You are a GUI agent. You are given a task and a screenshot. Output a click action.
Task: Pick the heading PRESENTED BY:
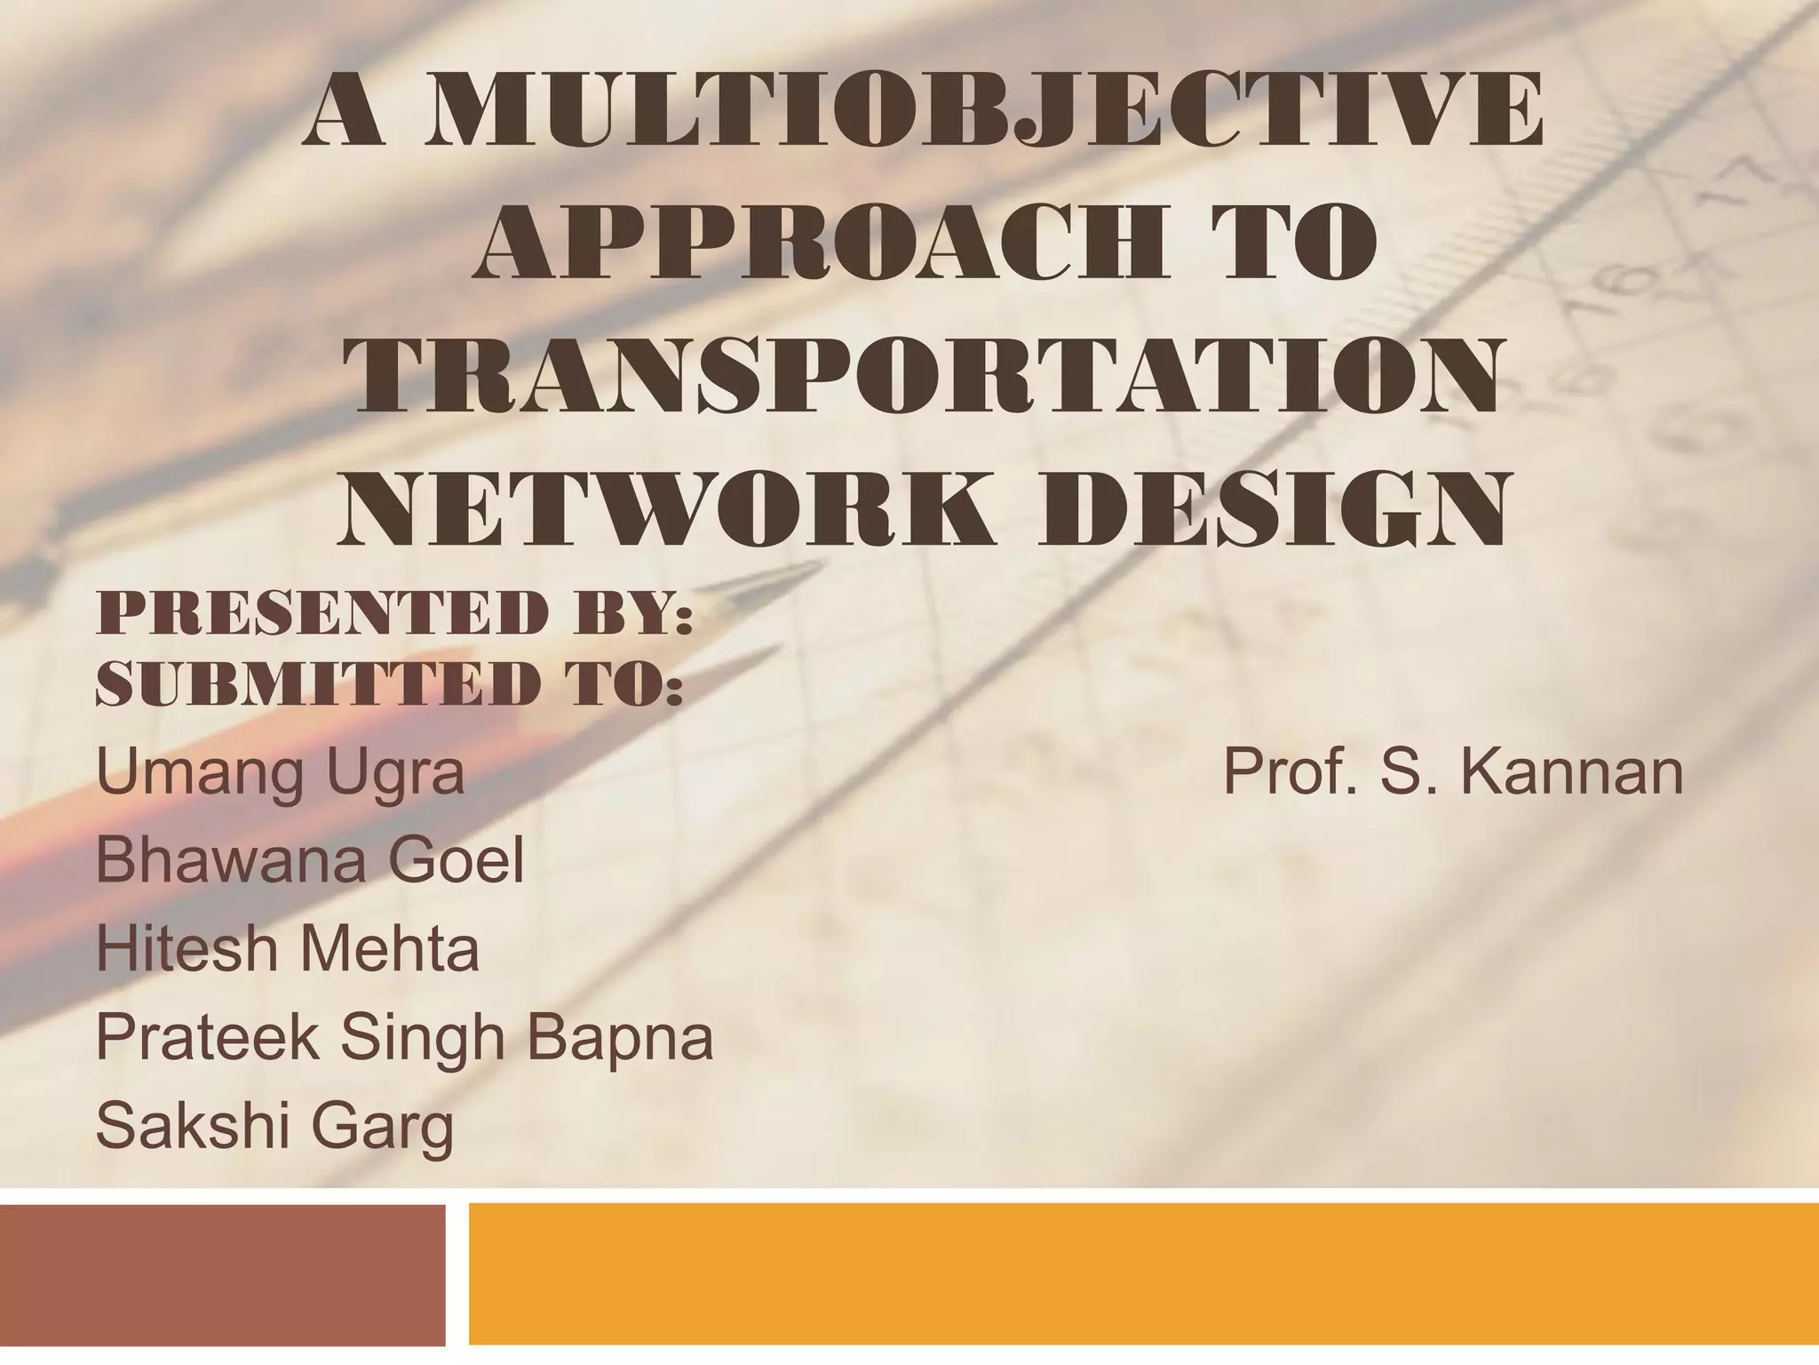pos(393,612)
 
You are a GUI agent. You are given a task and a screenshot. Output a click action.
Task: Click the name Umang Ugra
pos(280,771)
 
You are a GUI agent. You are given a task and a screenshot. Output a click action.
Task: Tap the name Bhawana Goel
pos(310,860)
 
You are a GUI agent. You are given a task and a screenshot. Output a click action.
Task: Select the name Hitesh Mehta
pos(287,948)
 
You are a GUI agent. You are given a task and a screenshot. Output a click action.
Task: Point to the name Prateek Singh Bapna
pos(404,1037)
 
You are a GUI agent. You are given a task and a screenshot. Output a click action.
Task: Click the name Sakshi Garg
pos(274,1126)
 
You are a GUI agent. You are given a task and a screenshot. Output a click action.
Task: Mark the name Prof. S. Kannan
pos(1452,771)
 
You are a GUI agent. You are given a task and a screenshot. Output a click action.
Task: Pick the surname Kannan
pos(1571,771)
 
